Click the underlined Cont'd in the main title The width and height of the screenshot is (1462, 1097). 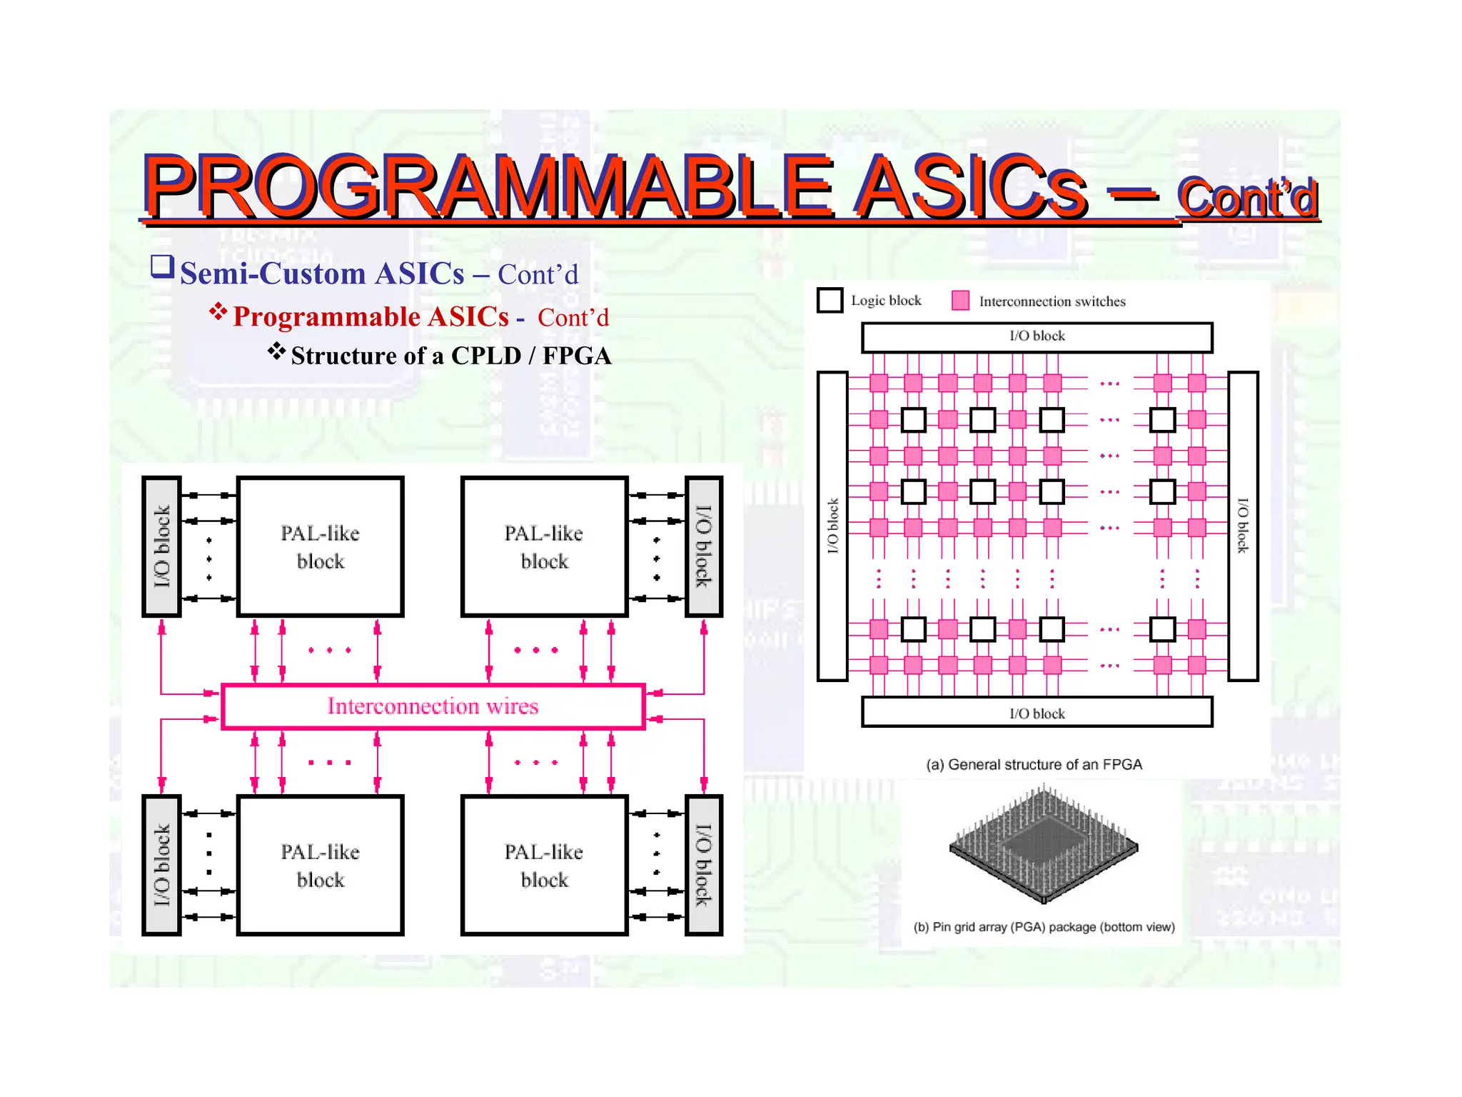(1247, 198)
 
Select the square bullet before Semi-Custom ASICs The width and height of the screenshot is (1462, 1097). (162, 267)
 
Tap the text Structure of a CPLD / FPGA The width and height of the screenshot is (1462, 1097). (450, 356)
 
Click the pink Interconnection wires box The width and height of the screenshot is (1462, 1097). (433, 706)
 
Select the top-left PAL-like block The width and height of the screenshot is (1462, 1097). (320, 547)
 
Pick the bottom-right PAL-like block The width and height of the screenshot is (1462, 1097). (544, 866)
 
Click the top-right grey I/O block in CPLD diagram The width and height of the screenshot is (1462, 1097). (704, 547)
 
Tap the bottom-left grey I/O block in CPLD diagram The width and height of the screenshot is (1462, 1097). (161, 866)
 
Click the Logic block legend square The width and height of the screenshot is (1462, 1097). (830, 300)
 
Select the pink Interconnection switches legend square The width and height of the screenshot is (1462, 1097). (960, 301)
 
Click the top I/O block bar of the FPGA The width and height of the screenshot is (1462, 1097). (1037, 337)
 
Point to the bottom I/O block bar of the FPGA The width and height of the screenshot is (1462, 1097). (1037, 713)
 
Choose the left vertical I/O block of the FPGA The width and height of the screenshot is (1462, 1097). (832, 526)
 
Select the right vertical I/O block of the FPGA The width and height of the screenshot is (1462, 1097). (1243, 526)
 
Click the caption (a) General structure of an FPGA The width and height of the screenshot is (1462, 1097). (1034, 765)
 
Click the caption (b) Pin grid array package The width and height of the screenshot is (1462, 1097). (1044, 927)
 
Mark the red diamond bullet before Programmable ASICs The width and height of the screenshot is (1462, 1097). (218, 311)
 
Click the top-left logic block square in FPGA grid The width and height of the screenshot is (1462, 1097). (913, 420)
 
